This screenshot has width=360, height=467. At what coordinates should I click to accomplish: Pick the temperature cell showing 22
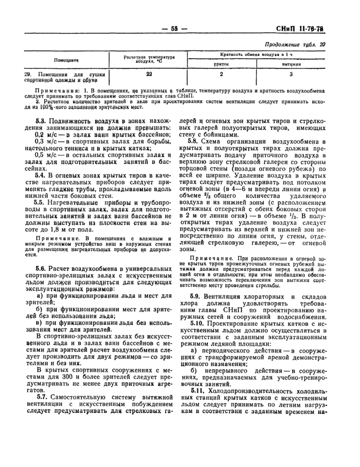point(149,74)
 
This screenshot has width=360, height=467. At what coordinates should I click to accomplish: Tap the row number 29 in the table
point(28,74)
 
